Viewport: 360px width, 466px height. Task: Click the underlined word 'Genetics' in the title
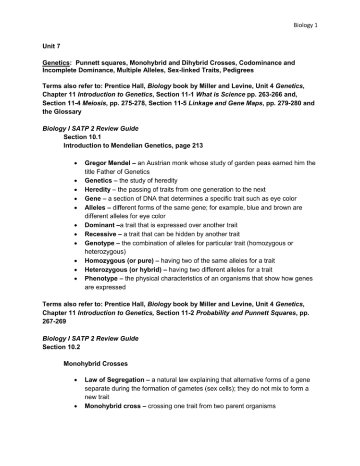pyautogui.click(x=50, y=63)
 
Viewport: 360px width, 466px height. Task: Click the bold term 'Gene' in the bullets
pyautogui.click(x=94, y=199)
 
